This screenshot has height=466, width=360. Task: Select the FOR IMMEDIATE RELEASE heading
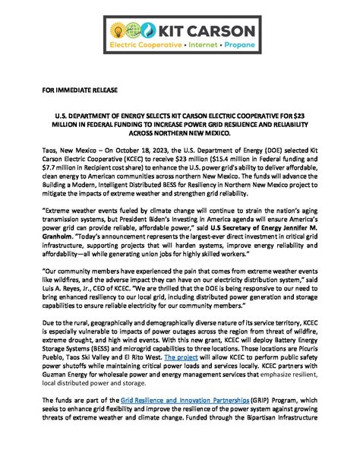81,91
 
